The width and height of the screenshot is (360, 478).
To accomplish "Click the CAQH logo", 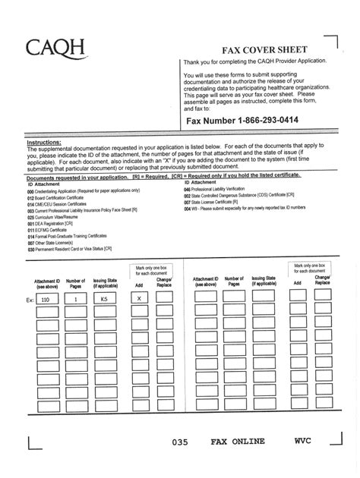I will (x=57, y=51).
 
